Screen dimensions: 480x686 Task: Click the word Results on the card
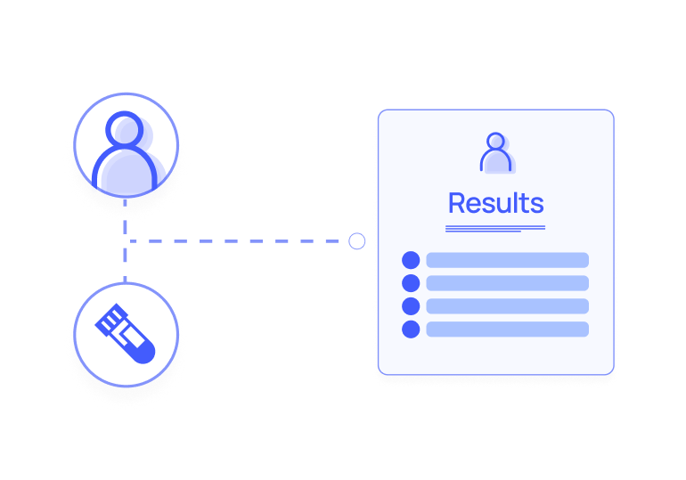pos(495,203)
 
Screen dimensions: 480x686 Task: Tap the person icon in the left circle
pos(126,151)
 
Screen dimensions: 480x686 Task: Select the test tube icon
pos(126,333)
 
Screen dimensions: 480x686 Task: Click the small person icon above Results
pos(495,152)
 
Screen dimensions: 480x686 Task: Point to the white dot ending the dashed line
pos(356,241)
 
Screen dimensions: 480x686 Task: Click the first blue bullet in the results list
pos(411,260)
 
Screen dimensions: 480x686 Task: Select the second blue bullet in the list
pos(411,283)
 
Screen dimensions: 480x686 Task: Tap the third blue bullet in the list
pos(411,306)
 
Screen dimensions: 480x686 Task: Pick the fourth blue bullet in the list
pos(411,329)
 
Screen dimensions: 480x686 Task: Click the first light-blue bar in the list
pos(507,260)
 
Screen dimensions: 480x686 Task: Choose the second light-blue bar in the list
pos(507,283)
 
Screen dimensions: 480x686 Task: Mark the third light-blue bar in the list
pos(507,306)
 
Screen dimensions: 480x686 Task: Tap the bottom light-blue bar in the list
pos(507,329)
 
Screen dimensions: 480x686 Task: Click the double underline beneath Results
pos(494,229)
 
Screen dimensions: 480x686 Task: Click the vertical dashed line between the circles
pos(125,254)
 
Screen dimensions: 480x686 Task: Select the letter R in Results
pos(457,203)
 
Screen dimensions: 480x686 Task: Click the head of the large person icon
pos(126,129)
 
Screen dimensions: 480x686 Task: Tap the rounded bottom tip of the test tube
pos(145,352)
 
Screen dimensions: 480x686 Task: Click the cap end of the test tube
pos(110,316)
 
